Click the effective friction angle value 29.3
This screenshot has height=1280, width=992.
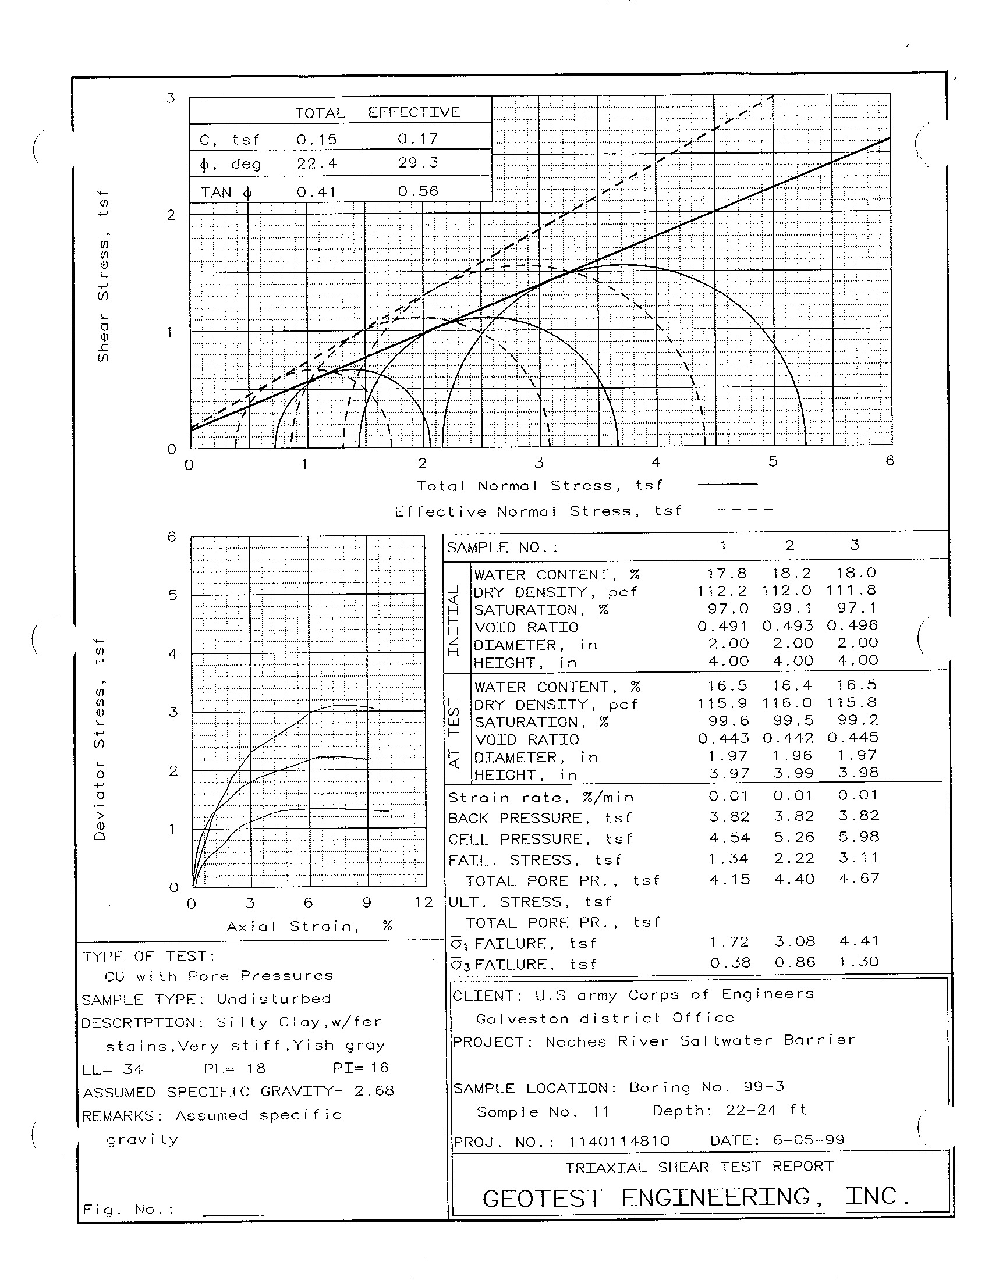pos(417,162)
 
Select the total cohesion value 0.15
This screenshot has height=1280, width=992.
pos(317,140)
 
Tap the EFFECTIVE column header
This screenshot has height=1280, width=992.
pos(414,112)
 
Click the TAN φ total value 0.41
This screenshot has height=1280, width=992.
pos(317,191)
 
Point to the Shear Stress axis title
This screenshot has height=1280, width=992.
pos(104,275)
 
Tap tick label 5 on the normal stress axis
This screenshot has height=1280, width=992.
pos(773,462)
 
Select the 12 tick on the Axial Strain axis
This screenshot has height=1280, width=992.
pos(423,902)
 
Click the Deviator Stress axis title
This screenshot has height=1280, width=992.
pos(100,739)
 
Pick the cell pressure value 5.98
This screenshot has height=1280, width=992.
pos(858,837)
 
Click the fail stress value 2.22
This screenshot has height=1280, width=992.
pos(794,859)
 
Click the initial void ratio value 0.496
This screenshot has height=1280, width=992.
pos(852,626)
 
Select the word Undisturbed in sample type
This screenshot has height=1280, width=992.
pos(274,998)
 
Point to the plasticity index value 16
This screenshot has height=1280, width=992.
pos(380,1067)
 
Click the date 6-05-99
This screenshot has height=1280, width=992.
pos(809,1140)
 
